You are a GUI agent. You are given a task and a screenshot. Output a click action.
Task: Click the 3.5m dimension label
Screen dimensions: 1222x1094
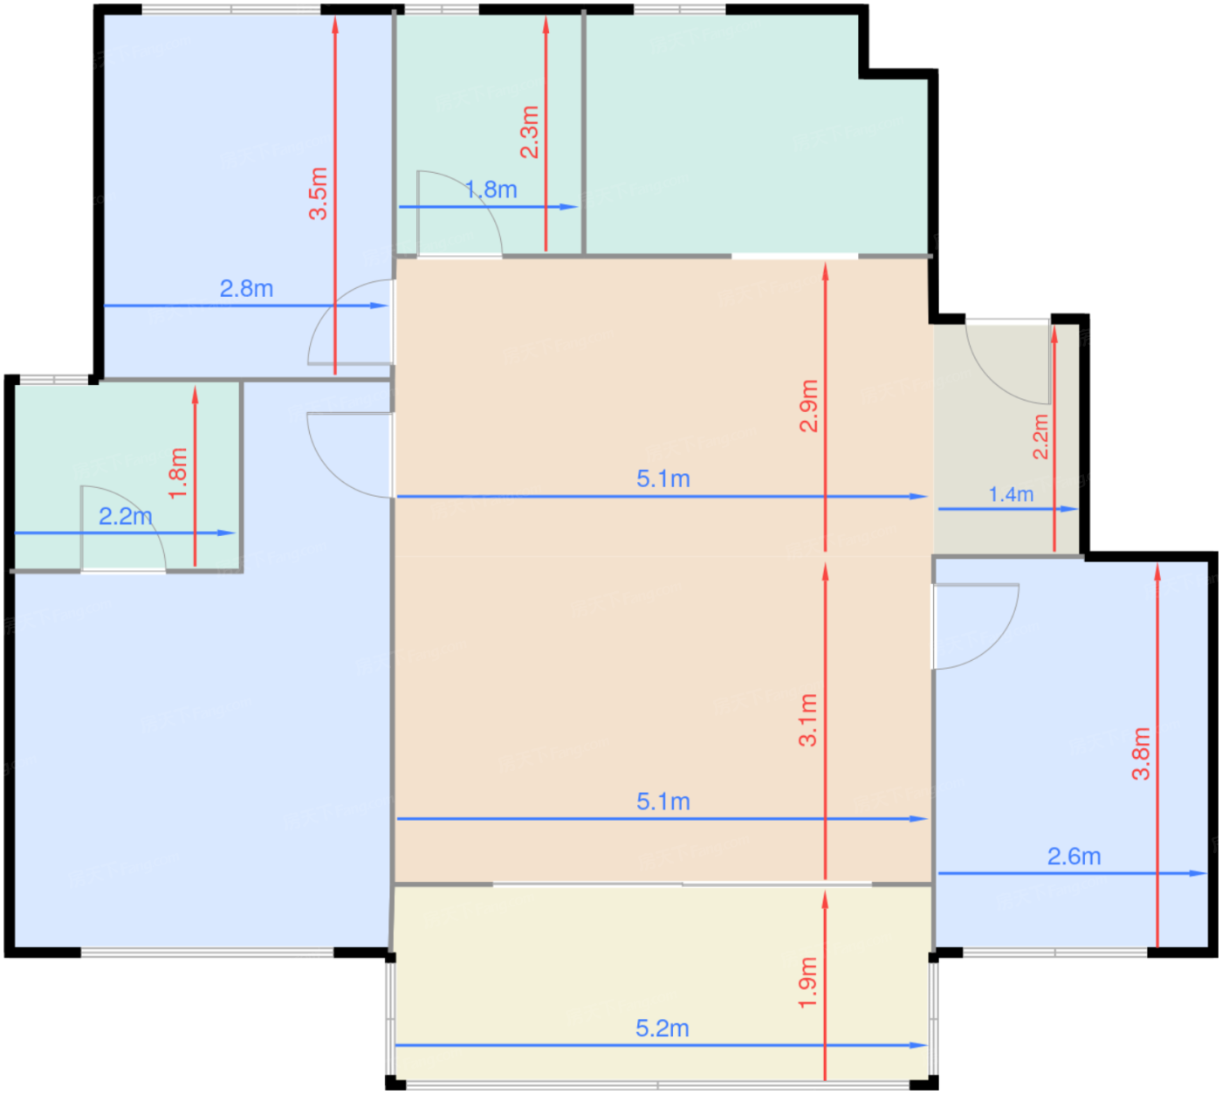pyautogui.click(x=318, y=193)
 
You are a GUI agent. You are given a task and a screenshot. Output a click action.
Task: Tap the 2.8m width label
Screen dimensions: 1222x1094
pyautogui.click(x=246, y=288)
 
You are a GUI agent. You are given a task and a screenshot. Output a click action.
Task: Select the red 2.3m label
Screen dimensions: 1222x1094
pyautogui.click(x=529, y=132)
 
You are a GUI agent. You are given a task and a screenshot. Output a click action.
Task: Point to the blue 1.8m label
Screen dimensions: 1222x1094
pyautogui.click(x=491, y=189)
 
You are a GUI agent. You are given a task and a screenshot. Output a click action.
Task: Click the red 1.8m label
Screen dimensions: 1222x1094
pyautogui.click(x=178, y=474)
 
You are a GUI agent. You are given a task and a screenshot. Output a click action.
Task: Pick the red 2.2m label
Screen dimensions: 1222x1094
pyautogui.click(x=1040, y=437)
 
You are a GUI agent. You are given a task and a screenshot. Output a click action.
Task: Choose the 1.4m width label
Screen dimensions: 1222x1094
pyautogui.click(x=1011, y=494)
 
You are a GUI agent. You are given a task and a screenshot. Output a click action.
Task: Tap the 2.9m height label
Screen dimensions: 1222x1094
pyautogui.click(x=808, y=405)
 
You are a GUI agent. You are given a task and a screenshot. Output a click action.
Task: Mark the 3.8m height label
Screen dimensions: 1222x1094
pyautogui.click(x=1141, y=753)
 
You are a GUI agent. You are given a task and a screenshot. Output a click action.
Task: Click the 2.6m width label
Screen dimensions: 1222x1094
pyautogui.click(x=1074, y=857)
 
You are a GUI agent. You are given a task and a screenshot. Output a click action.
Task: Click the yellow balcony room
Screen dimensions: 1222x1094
pyautogui.click(x=662, y=984)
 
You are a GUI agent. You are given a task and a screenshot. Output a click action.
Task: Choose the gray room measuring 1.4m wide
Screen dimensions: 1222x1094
pyautogui.click(x=1006, y=439)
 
